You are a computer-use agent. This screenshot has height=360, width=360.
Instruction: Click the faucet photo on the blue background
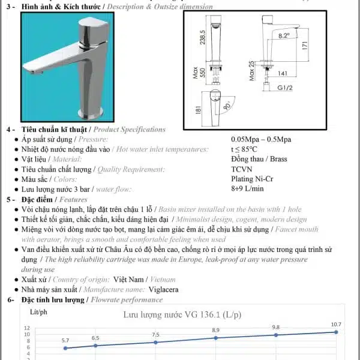[62, 68]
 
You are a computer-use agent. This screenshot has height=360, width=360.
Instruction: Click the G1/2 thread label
[285, 88]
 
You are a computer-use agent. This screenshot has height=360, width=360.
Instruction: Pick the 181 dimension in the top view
[199, 111]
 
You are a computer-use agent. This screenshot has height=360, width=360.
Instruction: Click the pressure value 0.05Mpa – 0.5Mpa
[260, 139]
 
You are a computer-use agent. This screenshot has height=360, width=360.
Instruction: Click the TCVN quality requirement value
[242, 169]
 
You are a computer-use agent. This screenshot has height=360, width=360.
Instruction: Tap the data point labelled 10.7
[336, 332]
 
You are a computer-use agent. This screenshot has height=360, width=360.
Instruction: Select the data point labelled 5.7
[65, 348]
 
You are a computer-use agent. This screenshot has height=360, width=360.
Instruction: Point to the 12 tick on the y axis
[26, 328]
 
